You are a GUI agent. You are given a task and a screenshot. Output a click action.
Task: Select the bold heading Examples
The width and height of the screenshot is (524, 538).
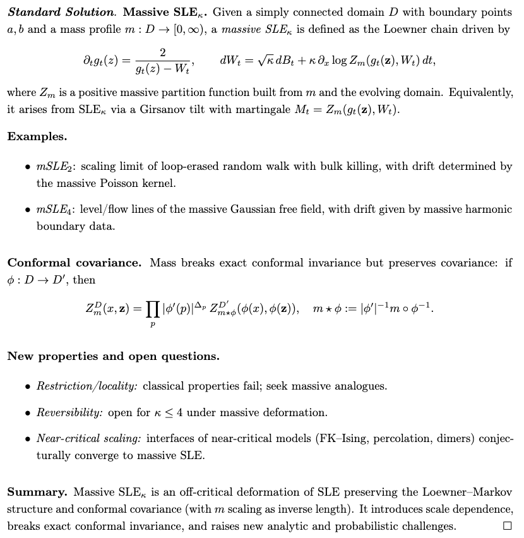(37, 136)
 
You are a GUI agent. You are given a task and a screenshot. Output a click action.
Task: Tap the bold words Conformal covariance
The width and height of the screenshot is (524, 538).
(74, 263)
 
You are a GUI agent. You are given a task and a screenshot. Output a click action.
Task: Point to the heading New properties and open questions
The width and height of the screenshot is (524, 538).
(113, 356)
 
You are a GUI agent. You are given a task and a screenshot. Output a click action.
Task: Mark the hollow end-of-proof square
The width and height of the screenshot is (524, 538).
(507, 525)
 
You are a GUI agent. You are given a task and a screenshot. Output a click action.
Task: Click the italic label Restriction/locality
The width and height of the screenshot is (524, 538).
(79, 386)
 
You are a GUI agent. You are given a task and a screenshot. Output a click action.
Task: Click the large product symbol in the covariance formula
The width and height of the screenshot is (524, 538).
(152, 309)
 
